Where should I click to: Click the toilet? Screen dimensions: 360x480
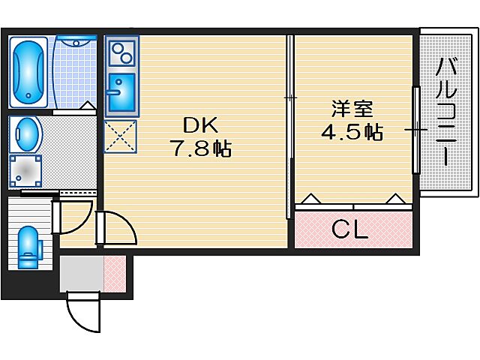point(28,246)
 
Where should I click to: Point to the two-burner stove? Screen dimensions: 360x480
point(120,53)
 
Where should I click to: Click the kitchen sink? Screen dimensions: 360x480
point(120,92)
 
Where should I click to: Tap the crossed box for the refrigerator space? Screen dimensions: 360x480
point(119,136)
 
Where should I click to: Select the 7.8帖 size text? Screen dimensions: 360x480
point(199,149)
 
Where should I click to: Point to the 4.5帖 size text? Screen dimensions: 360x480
point(353,133)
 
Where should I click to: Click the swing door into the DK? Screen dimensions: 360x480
point(116,229)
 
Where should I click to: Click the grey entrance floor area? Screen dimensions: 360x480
point(81,274)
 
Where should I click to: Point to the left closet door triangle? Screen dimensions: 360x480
point(312,199)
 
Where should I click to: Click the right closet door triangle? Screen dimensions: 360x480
point(395,199)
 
